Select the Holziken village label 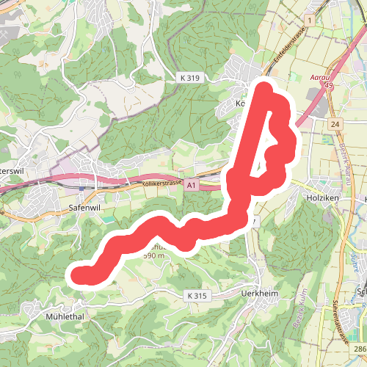(x=322, y=197)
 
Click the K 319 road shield (x=189, y=76)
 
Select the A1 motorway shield (x=191, y=186)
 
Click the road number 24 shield (x=335, y=126)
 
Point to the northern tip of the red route (x=265, y=89)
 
